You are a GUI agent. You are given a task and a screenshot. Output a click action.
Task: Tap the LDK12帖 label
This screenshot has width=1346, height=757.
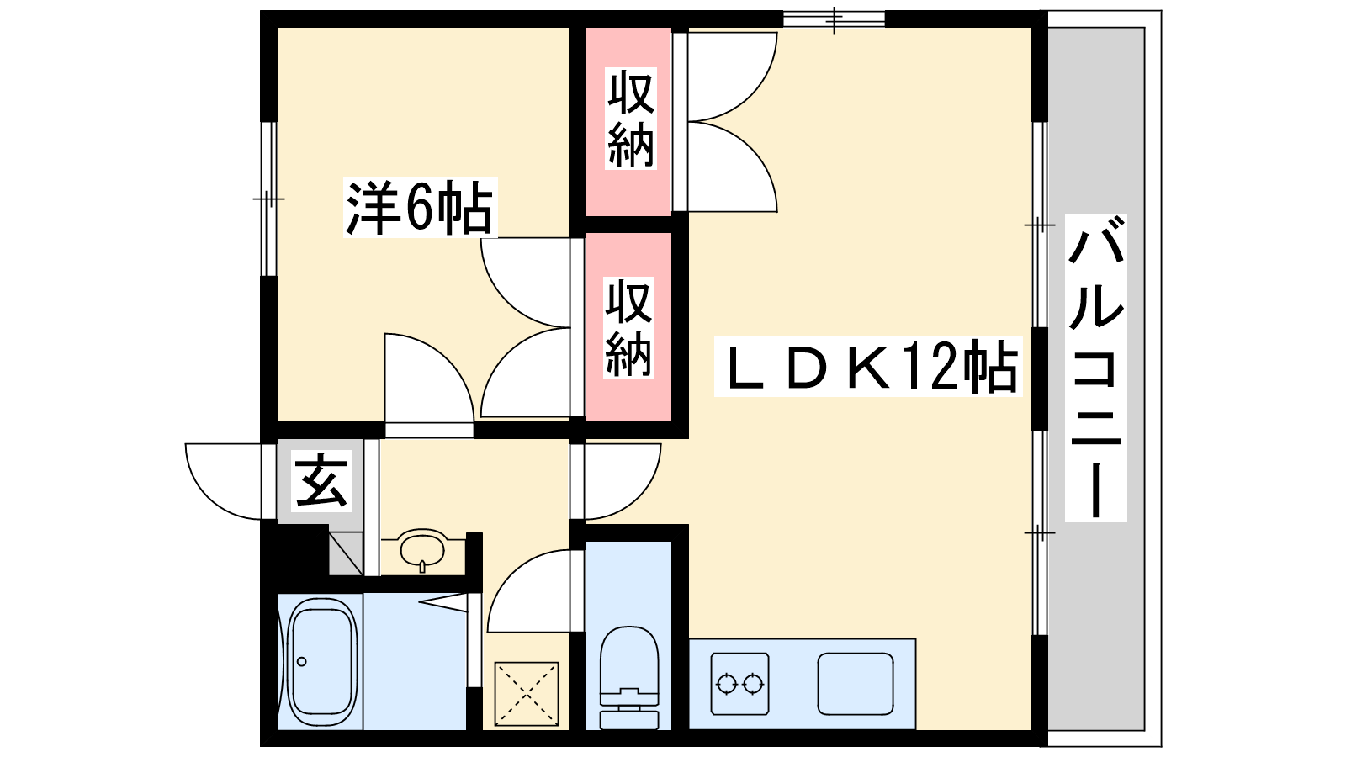point(867,367)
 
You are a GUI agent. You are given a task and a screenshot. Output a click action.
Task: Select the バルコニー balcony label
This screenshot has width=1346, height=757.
point(1095,368)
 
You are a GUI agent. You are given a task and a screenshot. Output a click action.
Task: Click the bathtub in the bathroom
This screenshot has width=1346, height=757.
point(321,661)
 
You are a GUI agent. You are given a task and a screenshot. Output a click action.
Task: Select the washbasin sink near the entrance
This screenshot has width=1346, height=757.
point(422,550)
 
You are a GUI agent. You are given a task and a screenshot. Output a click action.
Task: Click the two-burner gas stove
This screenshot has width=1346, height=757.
point(740,683)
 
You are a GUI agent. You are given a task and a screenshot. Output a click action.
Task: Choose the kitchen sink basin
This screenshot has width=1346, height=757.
point(856,683)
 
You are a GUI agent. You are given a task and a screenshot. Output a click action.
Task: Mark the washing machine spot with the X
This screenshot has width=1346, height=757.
point(527,694)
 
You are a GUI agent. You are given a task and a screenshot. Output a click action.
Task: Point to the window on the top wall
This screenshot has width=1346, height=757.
point(834,19)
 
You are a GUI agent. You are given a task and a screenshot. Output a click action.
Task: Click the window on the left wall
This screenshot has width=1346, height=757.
point(268,199)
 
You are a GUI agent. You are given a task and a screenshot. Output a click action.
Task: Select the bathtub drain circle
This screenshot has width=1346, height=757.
point(302,661)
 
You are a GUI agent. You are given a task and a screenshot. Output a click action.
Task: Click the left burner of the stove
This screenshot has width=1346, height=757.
point(728,683)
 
